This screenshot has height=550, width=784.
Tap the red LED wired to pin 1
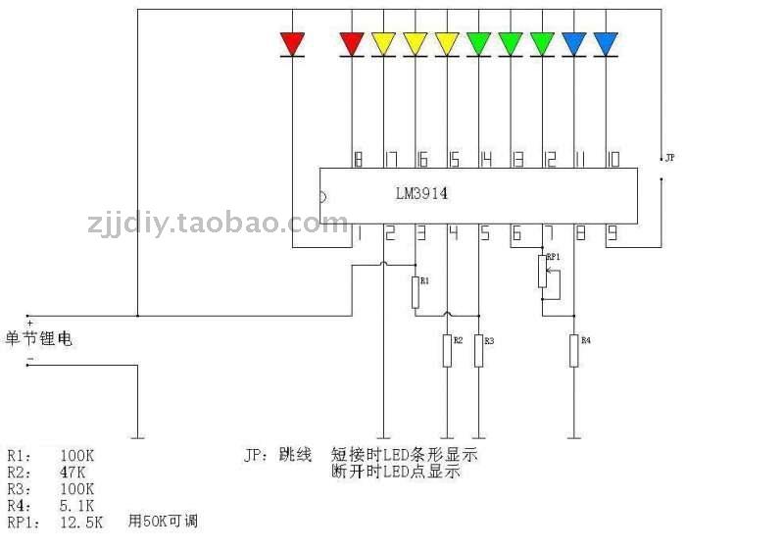click(x=292, y=44)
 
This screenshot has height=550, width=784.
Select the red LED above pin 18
click(x=352, y=44)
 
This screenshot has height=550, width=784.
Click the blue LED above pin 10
click(x=606, y=44)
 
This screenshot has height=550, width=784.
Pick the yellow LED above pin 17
click(x=383, y=44)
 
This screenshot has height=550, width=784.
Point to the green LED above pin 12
click(x=542, y=44)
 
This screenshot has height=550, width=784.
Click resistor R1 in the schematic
click(x=416, y=291)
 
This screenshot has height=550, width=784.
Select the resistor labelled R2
click(x=447, y=351)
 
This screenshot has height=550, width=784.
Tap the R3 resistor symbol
click(x=478, y=351)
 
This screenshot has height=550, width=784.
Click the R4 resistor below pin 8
click(x=573, y=351)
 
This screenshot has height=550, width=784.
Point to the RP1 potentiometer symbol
click(x=542, y=272)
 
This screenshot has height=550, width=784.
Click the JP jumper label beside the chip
click(x=670, y=157)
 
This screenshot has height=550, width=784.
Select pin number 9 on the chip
click(x=611, y=233)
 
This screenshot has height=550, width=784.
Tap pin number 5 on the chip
click(x=484, y=233)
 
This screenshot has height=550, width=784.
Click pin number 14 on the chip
click(x=484, y=158)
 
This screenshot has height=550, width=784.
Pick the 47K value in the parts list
click(x=74, y=472)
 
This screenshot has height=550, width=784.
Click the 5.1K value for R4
click(x=78, y=505)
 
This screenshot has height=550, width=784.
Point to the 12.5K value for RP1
click(x=81, y=523)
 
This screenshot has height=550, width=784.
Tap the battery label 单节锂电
click(x=39, y=339)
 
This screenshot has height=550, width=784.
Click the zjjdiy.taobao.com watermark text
click(x=217, y=224)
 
